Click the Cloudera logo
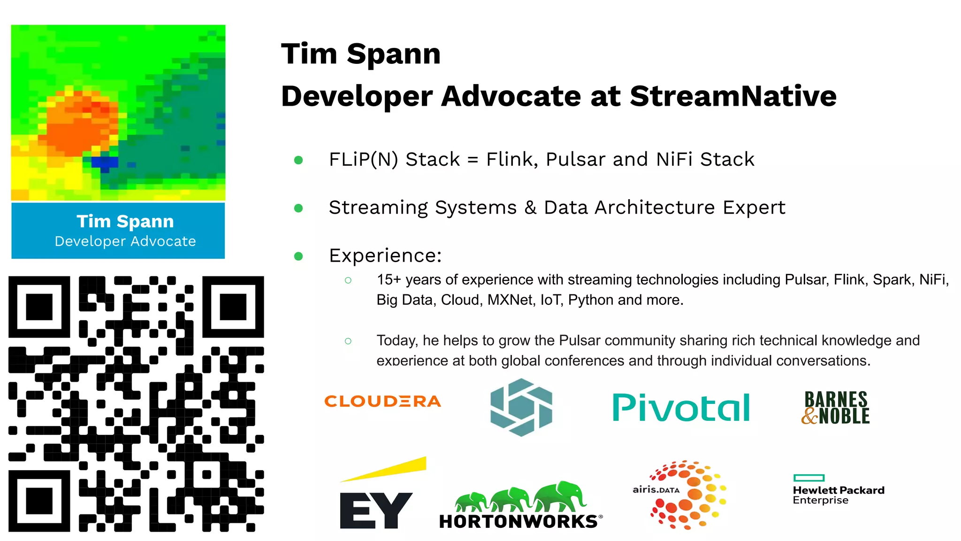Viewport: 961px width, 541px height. [382, 402]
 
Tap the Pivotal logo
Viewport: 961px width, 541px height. [681, 407]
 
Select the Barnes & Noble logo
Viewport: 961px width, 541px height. [835, 408]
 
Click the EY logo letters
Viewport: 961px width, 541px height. [375, 510]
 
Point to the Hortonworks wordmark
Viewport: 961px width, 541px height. [519, 522]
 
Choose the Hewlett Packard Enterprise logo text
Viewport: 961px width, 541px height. [839, 495]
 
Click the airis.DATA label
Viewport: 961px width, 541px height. [656, 490]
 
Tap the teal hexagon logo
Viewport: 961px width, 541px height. [521, 407]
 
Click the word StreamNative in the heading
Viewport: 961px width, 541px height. [733, 96]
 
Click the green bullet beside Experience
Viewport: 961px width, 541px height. [298, 256]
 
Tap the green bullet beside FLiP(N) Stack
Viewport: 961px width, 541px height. [298, 160]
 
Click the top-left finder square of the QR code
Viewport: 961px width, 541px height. [39, 307]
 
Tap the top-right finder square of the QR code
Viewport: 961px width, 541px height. [233, 307]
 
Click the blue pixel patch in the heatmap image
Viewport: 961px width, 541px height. [104, 162]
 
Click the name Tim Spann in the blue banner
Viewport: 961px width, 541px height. [125, 221]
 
